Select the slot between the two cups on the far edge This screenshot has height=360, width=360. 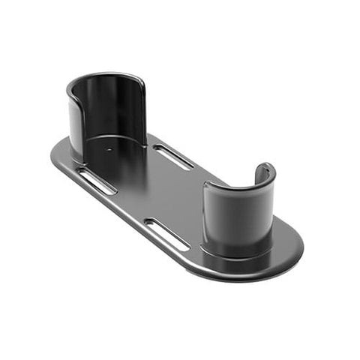point(173,156)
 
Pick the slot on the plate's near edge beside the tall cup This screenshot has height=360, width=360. point(97,181)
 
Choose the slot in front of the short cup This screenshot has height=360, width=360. point(166,234)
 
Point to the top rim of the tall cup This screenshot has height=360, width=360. point(105,76)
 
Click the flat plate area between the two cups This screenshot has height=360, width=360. point(169,191)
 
